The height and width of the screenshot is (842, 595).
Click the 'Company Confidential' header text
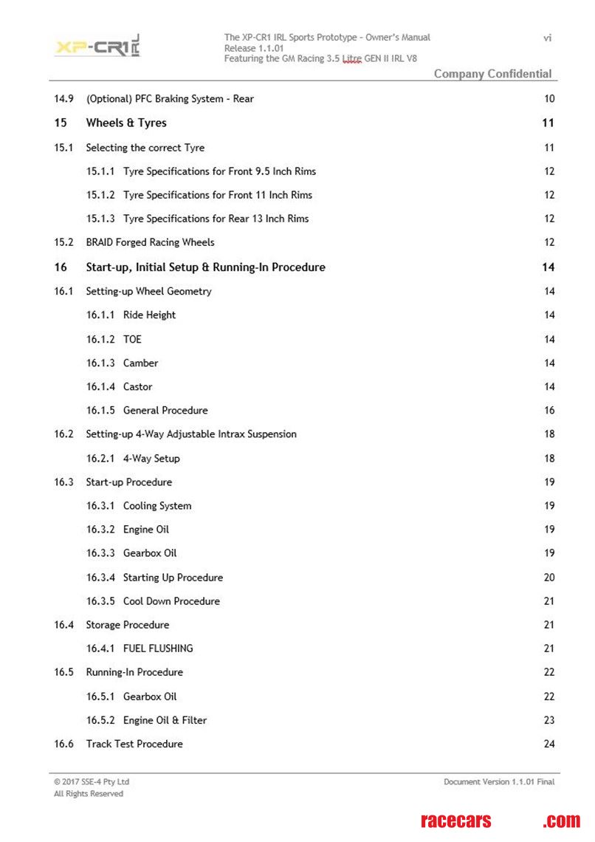(x=492, y=73)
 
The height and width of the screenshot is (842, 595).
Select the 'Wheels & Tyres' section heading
(x=126, y=123)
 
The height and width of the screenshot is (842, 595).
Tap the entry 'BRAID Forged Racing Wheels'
(x=150, y=242)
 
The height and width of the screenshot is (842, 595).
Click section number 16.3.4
(x=100, y=578)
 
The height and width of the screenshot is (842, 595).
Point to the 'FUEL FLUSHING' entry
(x=158, y=648)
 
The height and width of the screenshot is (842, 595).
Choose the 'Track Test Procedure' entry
(x=134, y=744)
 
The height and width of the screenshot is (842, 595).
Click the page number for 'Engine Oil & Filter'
(x=548, y=720)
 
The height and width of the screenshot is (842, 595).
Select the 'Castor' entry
(x=138, y=386)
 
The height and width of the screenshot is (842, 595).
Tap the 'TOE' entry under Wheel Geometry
(x=132, y=339)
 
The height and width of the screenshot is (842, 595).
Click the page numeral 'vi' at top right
(x=547, y=38)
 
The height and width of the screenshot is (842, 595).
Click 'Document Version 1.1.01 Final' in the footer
(x=499, y=781)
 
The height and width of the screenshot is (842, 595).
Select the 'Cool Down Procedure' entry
(x=171, y=601)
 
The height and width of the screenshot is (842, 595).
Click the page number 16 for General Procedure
(x=548, y=410)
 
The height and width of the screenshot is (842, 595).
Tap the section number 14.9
(x=63, y=98)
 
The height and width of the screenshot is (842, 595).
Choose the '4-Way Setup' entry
(x=151, y=458)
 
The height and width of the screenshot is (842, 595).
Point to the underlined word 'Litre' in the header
(x=351, y=58)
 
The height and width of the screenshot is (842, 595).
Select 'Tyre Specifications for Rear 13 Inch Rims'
(x=216, y=219)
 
